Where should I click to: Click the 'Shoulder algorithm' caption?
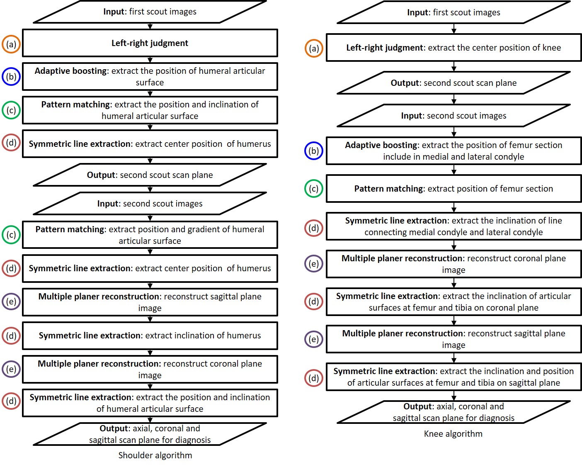click(155, 455)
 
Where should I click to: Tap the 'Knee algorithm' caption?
click(453, 433)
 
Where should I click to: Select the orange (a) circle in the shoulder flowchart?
click(11, 44)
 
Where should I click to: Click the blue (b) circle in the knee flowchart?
click(314, 151)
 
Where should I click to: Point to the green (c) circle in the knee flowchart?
click(314, 189)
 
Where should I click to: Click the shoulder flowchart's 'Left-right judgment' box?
click(150, 43)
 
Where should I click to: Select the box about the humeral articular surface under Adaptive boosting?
click(150, 77)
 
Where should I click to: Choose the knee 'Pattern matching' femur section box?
click(453, 189)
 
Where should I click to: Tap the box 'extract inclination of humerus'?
click(150, 336)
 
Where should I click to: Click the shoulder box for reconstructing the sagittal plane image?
click(150, 302)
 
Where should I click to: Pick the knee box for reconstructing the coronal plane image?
click(453, 264)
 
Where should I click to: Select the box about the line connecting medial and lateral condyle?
click(453, 226)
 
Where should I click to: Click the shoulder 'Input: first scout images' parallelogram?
click(150, 12)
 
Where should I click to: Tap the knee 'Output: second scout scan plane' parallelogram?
click(453, 83)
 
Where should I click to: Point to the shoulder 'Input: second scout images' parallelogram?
click(150, 204)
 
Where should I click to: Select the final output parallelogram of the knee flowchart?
click(453, 412)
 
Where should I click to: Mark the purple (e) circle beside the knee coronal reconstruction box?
click(314, 264)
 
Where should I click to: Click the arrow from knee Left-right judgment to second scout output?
click(454, 66)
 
